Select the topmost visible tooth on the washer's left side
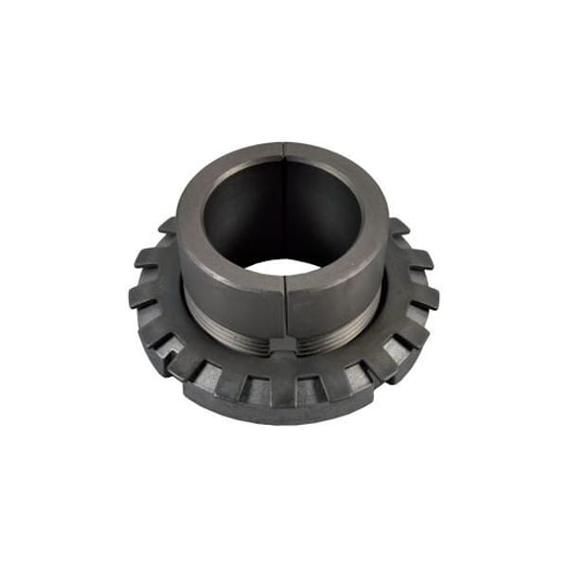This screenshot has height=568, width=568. click(x=168, y=227)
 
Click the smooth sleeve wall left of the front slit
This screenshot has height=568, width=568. click(x=232, y=298)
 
